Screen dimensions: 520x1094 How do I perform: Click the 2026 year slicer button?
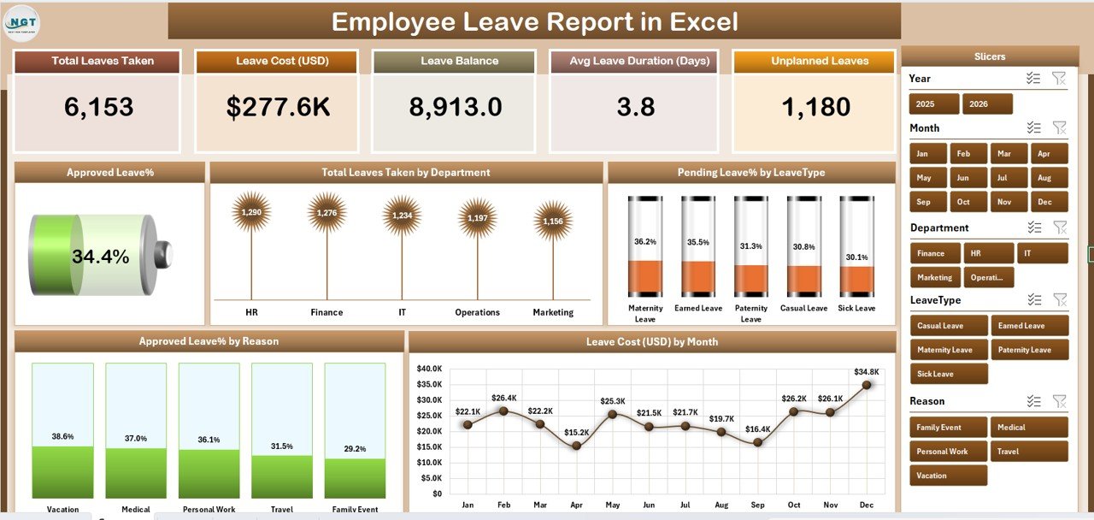987,104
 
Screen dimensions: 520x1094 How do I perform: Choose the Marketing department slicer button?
935,277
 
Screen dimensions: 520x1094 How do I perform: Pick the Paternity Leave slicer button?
1029,350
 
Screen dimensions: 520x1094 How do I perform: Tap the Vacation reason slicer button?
948,476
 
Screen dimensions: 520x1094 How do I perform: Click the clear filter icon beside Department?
1059,227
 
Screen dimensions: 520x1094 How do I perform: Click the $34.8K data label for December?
866,372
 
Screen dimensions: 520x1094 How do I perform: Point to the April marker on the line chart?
576,446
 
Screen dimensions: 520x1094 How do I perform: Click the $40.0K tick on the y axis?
429,369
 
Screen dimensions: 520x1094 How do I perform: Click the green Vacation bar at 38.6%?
62,471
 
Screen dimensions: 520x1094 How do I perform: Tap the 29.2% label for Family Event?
354,448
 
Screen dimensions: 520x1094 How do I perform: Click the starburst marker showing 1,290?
251,212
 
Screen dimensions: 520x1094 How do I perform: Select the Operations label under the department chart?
477,312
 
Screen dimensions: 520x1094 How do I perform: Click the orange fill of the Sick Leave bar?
856,280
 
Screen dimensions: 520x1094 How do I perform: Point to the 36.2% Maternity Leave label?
645,242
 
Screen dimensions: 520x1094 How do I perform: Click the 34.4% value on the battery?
100,257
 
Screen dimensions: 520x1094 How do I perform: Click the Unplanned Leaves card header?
820,61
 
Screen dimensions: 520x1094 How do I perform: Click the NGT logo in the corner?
21,22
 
